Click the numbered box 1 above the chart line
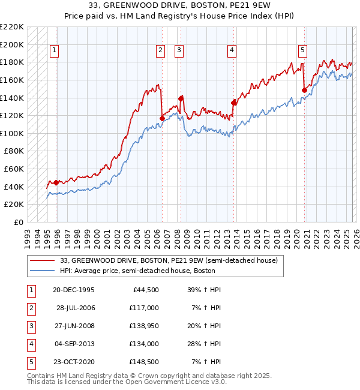[54, 51]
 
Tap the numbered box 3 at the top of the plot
[179, 51]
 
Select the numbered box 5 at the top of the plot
[302, 51]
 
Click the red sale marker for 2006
[163, 119]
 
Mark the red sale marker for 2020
[305, 91]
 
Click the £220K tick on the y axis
[12, 27]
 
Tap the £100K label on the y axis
[12, 133]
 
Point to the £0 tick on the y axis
[18, 222]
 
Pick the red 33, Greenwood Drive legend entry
[168, 261]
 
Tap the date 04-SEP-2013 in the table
[74, 344]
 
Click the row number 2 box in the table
[30, 308]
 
